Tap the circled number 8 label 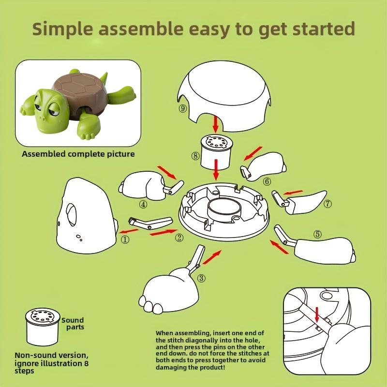click(x=194, y=156)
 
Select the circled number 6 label click(x=267, y=181)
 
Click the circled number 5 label click(x=317, y=234)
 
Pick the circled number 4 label click(x=143, y=204)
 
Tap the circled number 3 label click(x=201, y=278)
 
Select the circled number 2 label click(x=179, y=238)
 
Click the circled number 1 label click(x=125, y=238)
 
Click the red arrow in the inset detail click(x=317, y=314)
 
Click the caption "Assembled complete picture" click(x=78, y=154)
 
